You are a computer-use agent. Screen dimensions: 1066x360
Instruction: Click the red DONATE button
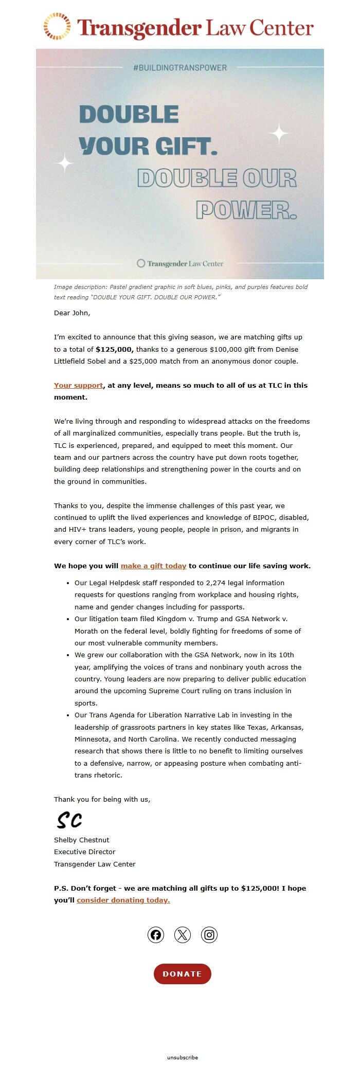point(182,973)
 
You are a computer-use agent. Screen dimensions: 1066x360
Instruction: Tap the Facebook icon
point(156,934)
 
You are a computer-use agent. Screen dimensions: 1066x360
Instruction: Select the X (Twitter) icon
point(183,934)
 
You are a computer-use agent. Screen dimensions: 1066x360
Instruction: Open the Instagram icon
point(209,934)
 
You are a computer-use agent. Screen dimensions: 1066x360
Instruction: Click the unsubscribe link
point(182,1057)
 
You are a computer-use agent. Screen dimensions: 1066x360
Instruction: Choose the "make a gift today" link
point(153,566)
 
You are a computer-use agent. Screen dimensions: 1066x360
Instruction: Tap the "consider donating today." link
point(123,900)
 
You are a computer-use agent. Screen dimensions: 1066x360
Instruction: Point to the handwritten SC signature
point(69,820)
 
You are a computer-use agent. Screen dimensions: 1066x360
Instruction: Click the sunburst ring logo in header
point(57,26)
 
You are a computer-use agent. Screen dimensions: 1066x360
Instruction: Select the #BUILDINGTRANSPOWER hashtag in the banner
point(180,67)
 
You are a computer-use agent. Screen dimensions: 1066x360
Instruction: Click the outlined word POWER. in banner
point(246,210)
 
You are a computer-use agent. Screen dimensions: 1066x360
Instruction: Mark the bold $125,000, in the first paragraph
point(114,349)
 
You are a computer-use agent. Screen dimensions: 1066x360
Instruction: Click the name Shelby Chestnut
point(81,840)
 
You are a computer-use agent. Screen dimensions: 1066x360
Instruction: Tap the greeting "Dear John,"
point(72,313)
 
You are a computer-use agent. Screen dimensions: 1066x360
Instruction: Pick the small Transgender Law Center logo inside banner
point(180,263)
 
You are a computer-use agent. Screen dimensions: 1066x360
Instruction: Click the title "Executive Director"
point(85,852)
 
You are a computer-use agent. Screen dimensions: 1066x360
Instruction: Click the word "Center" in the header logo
point(281,28)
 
